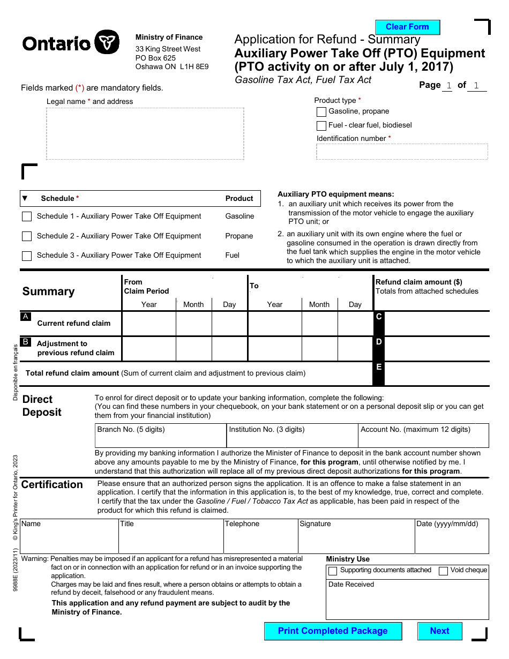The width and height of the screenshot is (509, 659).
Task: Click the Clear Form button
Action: [407, 27]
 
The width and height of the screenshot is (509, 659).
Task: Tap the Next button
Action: [439, 631]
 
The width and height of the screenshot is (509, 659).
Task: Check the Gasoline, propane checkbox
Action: [321, 112]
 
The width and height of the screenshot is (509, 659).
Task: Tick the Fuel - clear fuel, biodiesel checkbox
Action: [321, 126]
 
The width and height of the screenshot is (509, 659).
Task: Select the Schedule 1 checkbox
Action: [27, 216]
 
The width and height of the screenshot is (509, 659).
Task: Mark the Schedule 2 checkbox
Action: [27, 236]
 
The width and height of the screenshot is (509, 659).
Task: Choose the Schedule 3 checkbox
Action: [27, 256]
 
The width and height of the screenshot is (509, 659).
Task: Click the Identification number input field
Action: [402, 152]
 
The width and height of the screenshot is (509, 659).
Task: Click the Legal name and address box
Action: [145, 133]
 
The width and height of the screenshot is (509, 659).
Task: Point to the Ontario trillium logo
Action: [107, 42]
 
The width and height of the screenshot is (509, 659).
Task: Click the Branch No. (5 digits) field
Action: [160, 440]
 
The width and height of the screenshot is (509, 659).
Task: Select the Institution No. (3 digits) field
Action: [292, 440]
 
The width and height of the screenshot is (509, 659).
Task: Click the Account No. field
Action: [423, 440]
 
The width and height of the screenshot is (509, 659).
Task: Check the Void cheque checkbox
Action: [443, 571]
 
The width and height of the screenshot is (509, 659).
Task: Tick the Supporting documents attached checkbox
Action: [333, 571]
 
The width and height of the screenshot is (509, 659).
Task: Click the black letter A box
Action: [25, 317]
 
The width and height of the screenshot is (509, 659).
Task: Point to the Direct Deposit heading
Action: [42, 406]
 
